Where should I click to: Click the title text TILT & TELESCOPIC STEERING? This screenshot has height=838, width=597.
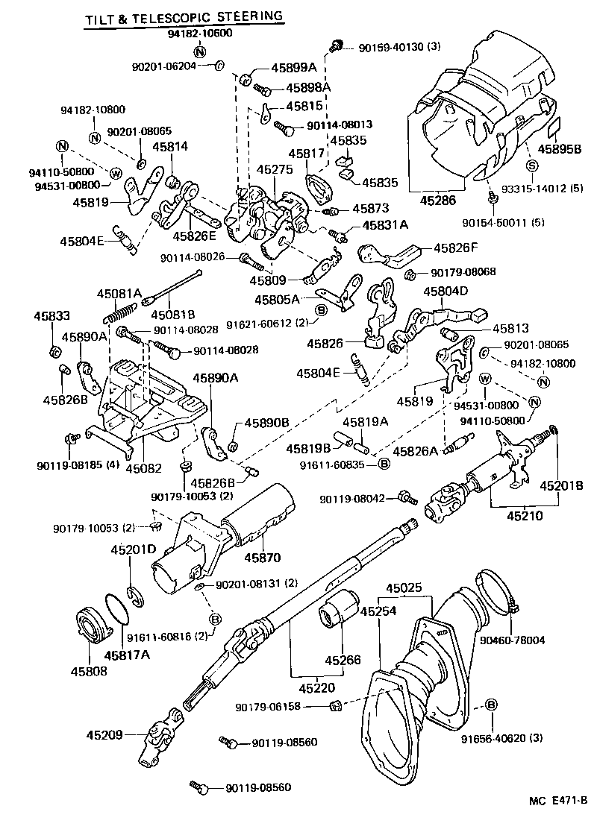click(x=184, y=15)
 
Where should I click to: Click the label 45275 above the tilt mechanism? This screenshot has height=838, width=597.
click(x=275, y=170)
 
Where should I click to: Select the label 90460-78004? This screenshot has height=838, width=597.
click(x=534, y=640)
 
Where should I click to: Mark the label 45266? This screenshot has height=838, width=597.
click(x=342, y=659)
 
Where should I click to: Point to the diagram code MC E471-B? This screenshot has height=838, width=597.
click(x=558, y=822)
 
